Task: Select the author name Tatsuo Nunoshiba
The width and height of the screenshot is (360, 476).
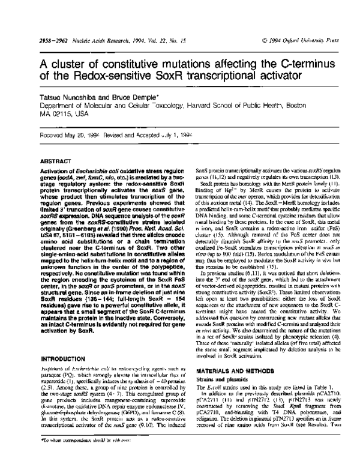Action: [x=58, y=81]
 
